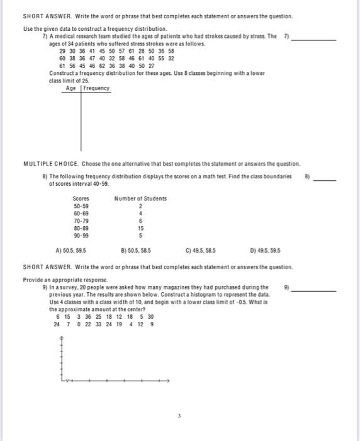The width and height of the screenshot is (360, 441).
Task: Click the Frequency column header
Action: pyautogui.click(x=96, y=88)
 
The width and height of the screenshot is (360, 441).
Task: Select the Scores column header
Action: pyautogui.click(x=81, y=198)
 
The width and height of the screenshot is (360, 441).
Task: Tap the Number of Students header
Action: pyautogui.click(x=141, y=198)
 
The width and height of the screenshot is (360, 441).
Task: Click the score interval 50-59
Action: pyautogui.click(x=81, y=206)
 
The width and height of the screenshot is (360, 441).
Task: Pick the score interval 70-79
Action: pyautogui.click(x=81, y=221)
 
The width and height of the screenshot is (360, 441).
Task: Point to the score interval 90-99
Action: pyautogui.click(x=81, y=236)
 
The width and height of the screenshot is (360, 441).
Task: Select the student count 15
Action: pyautogui.click(x=141, y=229)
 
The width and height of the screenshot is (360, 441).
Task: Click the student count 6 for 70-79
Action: pyautogui.click(x=141, y=221)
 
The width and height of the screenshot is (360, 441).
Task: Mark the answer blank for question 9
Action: pyautogui.click(x=315, y=290)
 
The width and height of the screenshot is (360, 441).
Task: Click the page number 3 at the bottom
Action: pyautogui.click(x=179, y=416)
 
